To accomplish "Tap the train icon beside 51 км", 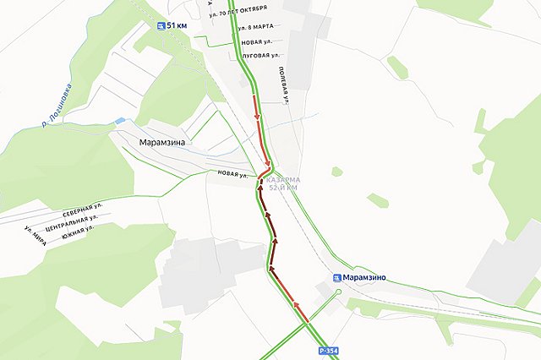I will [x=161, y=26].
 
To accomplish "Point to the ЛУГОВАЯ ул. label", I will [x=257, y=56].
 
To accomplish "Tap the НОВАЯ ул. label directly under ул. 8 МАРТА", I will [x=256, y=42].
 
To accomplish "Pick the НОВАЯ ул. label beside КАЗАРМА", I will [x=232, y=176].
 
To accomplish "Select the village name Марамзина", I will [x=161, y=143].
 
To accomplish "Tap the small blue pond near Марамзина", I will [x=121, y=122].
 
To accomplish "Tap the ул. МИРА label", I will [x=35, y=233].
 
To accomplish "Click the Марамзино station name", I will [x=365, y=276].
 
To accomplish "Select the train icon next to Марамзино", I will [x=337, y=276].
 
